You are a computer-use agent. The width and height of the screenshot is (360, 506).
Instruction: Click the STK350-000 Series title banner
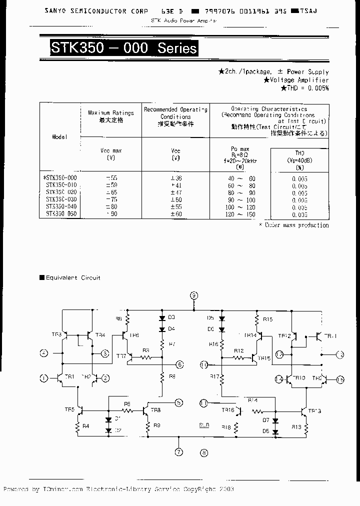(123, 48)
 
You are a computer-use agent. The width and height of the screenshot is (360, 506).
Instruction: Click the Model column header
(59, 136)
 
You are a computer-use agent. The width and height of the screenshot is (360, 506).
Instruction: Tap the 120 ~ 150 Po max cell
(239, 214)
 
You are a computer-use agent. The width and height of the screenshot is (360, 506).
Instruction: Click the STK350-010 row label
(61, 185)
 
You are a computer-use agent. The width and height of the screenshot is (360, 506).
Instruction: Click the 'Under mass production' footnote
(293, 225)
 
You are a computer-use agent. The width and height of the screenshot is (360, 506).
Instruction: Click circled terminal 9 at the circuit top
(194, 295)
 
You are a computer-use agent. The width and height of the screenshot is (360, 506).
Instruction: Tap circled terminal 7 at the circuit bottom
(178, 452)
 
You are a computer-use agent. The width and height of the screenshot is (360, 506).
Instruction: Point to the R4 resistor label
(85, 426)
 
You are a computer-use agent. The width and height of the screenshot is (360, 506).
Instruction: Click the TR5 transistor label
(69, 410)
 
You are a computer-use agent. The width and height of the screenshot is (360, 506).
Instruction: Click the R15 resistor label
(267, 319)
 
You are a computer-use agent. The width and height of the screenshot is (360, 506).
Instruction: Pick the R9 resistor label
(157, 425)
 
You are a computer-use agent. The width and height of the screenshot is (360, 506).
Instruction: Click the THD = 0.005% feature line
(304, 88)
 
